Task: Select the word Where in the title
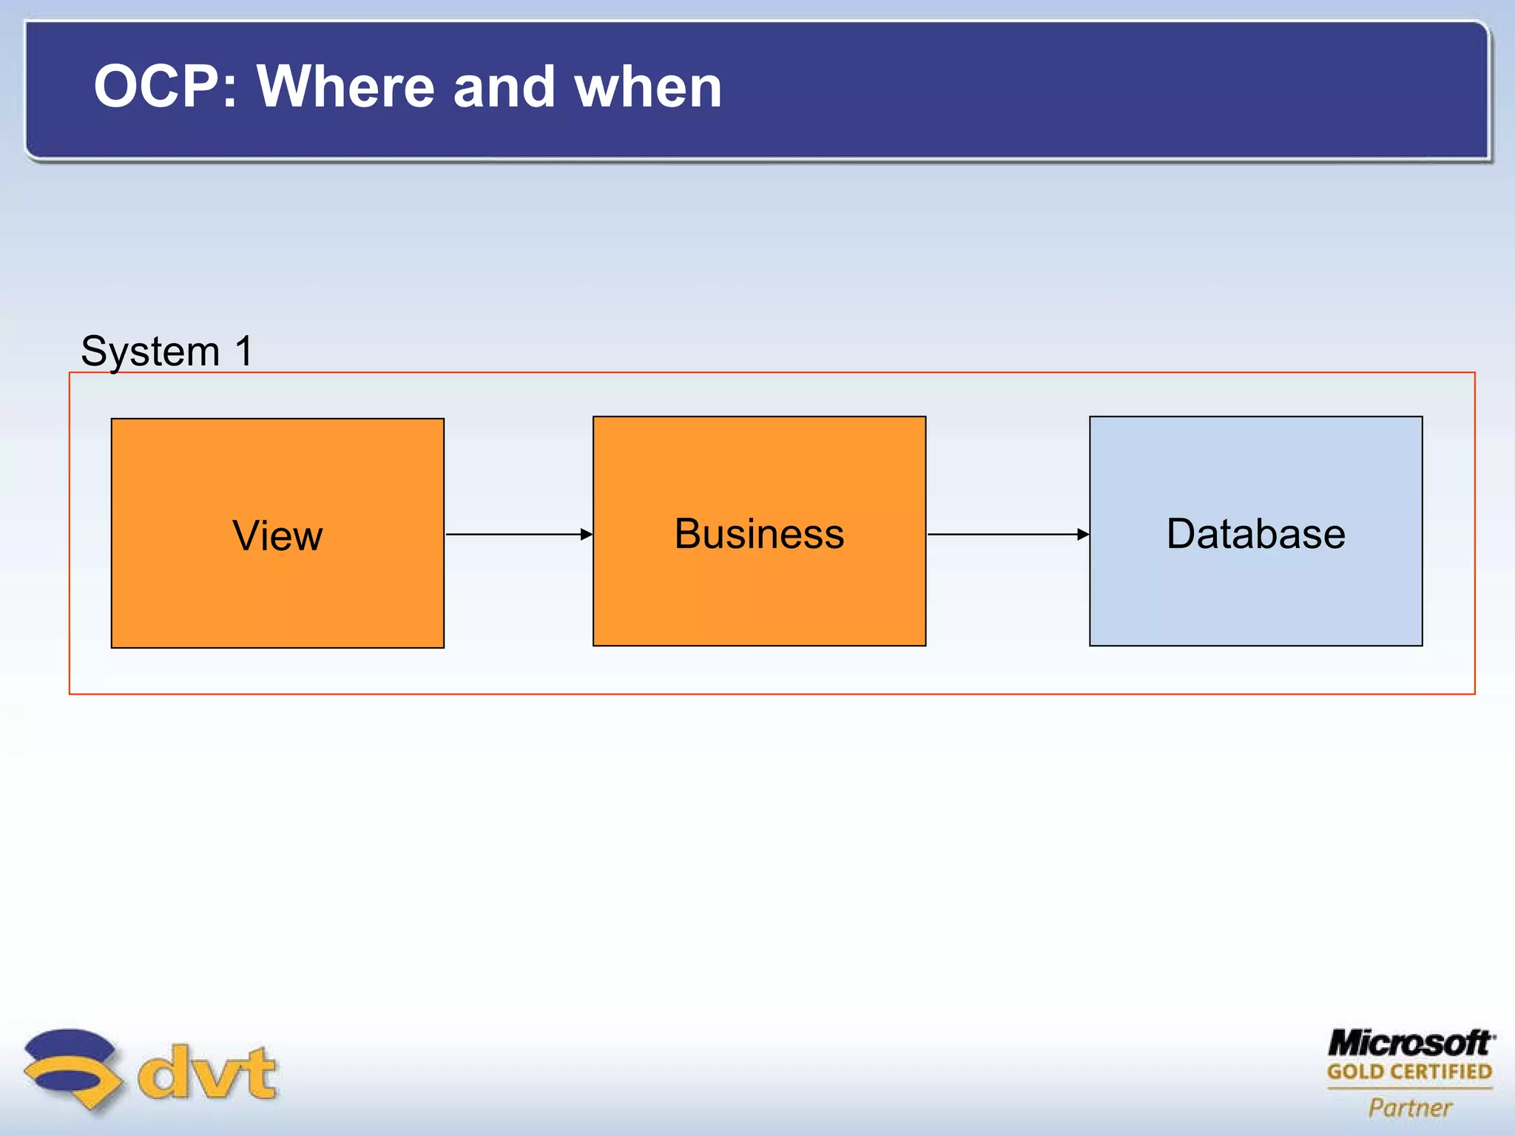tap(345, 87)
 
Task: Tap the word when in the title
tap(648, 87)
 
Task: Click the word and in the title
tap(504, 87)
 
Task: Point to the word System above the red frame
tap(150, 351)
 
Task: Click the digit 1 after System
tap(244, 351)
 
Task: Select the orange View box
tap(277, 592)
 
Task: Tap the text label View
tap(277, 535)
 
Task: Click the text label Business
tap(759, 533)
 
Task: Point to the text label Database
tap(1255, 533)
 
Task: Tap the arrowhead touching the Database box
tap(1084, 534)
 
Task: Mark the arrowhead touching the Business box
tap(587, 534)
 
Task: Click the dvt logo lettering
tap(207, 1073)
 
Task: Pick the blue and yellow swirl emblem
tap(72, 1069)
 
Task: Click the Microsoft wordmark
tap(1410, 1044)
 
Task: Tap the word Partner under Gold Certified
tap(1410, 1107)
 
